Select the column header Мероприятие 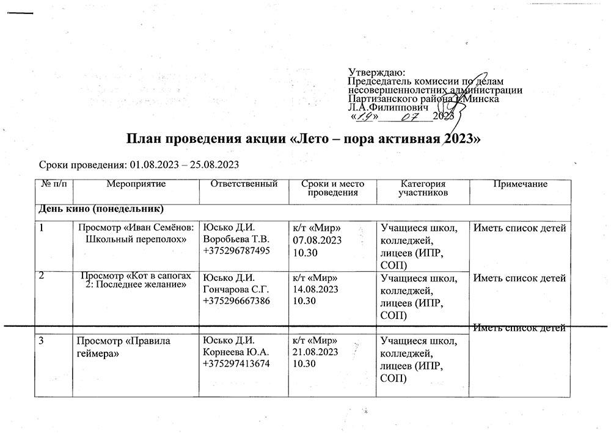pyautogui.click(x=136, y=184)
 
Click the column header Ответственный pyautogui.click(x=244, y=184)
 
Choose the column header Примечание pyautogui.click(x=522, y=184)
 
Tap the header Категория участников pyautogui.click(x=422, y=188)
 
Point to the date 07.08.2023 pyautogui.click(x=315, y=240)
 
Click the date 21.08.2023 pyautogui.click(x=315, y=352)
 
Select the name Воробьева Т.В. pyautogui.click(x=236, y=239)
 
